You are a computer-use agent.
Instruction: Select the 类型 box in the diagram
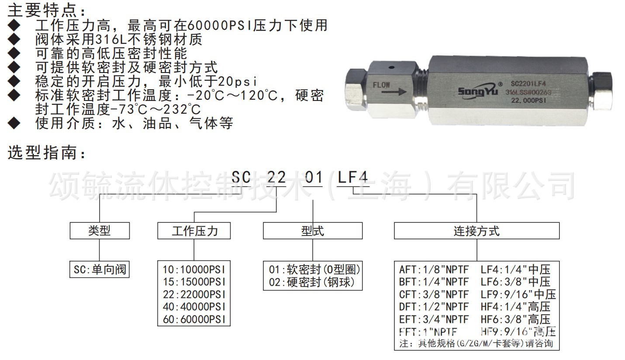click(x=100, y=231)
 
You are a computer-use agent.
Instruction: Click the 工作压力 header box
click(x=194, y=231)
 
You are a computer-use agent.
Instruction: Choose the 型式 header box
click(x=312, y=231)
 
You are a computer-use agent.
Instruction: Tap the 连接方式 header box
click(x=477, y=231)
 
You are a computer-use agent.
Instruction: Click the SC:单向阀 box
click(x=100, y=270)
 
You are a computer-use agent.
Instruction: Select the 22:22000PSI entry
click(x=194, y=294)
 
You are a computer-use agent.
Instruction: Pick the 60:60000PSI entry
click(x=194, y=319)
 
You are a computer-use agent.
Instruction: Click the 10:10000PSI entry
click(x=194, y=269)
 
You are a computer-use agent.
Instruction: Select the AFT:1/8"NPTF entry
click(x=433, y=269)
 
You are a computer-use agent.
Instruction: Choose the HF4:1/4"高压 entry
click(x=515, y=307)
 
